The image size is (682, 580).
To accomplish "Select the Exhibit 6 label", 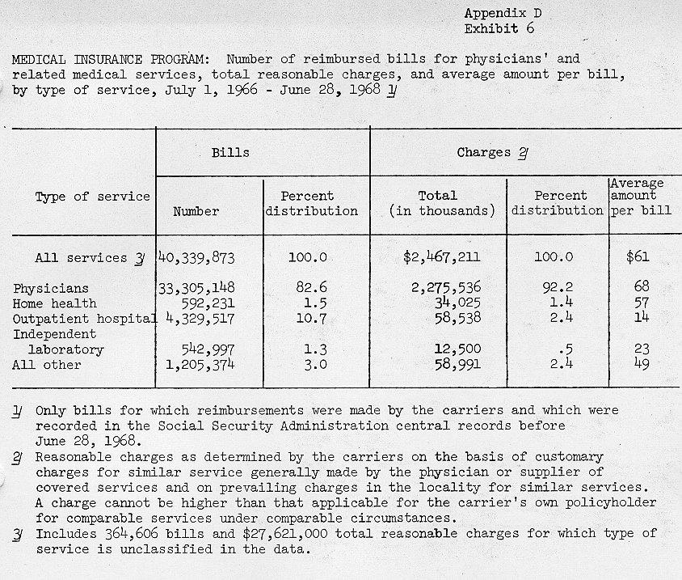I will click(499, 28).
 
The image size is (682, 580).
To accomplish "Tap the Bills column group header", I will click(230, 152).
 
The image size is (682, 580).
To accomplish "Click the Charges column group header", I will click(492, 152).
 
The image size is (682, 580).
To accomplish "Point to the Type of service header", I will click(92, 197).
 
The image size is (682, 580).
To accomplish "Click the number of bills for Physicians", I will click(196, 288).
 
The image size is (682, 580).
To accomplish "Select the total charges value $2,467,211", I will click(441, 257).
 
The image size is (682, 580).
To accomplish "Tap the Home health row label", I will click(54, 303).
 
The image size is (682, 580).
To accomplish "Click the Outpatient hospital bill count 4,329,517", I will click(201, 319).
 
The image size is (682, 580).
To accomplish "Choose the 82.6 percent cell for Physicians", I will click(308, 288).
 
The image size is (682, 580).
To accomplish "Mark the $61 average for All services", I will click(638, 257).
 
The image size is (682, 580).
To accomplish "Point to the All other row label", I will click(46, 365).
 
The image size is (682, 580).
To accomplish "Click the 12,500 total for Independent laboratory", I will click(457, 349).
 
